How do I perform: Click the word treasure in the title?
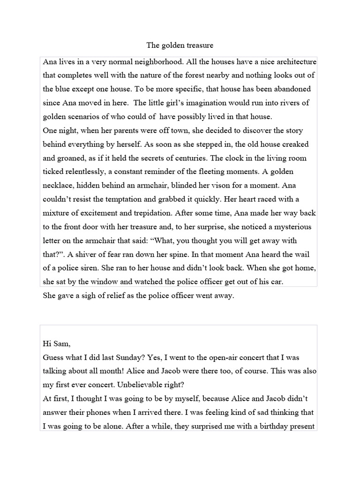click(198, 45)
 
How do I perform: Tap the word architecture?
click(288, 62)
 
